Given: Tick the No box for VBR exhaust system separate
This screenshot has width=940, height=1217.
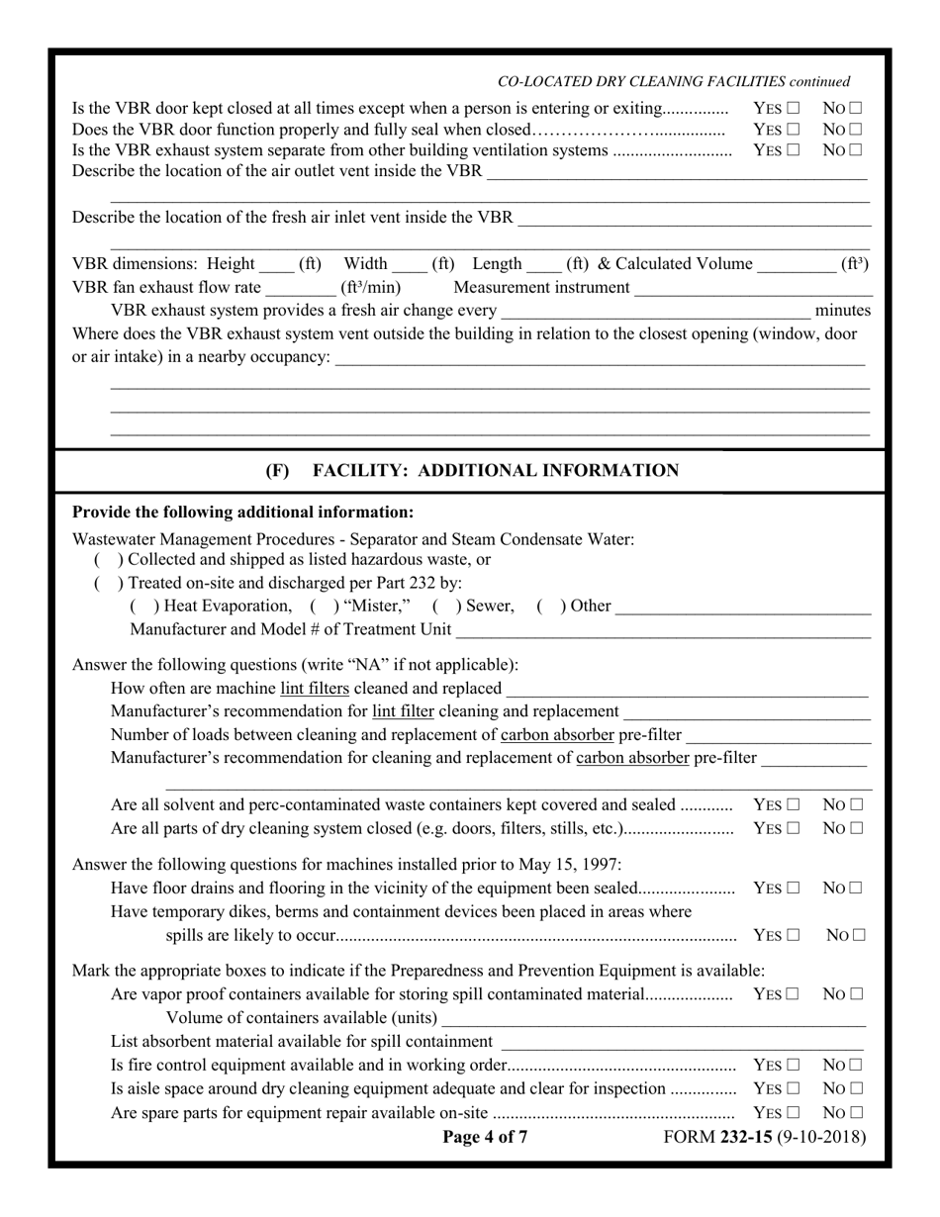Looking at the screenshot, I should pos(855,150).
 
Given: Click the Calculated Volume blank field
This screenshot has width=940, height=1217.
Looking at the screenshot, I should pos(795,265).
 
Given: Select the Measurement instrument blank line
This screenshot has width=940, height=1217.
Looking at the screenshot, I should pos(753,289).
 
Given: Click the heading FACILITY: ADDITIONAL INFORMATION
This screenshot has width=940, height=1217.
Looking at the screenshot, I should pos(495,471).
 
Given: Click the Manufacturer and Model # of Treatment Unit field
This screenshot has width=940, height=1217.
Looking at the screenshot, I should pos(663,631).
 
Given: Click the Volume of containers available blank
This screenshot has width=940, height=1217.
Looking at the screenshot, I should pos(653,1019).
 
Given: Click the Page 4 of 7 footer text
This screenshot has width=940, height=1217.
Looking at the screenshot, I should pos(485,1137).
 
